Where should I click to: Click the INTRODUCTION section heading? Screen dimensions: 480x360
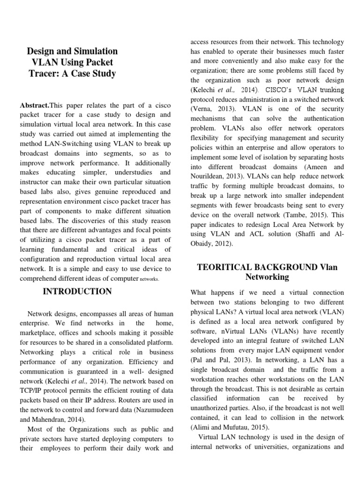[77, 292]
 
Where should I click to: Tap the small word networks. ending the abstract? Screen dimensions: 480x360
[149, 279]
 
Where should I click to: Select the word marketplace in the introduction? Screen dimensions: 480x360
[37, 332]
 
